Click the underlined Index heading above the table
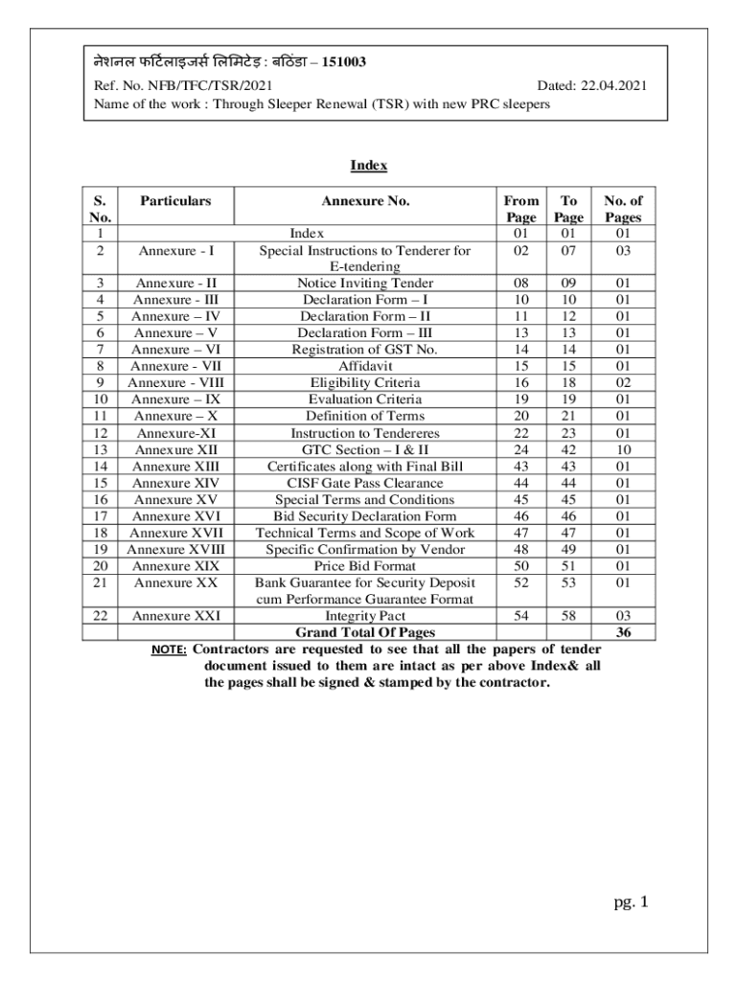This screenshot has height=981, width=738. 368,166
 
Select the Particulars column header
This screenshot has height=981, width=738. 175,201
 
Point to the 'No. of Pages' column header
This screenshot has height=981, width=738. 622,209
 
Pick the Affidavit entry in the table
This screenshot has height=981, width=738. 365,366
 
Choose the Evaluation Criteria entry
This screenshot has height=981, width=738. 365,399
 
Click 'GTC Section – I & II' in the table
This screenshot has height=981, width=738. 365,449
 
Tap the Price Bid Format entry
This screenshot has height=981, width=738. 365,565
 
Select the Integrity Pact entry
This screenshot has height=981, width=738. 365,616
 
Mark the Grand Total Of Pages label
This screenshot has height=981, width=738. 365,632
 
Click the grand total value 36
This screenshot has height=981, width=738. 622,632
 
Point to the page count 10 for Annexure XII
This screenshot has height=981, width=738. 622,449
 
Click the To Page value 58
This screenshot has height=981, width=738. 568,616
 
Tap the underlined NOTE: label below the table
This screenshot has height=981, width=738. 170,650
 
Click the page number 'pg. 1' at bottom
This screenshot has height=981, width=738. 632,901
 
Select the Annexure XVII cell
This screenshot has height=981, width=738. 175,533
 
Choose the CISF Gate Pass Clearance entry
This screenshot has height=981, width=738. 365,483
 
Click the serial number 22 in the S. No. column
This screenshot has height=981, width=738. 100,616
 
